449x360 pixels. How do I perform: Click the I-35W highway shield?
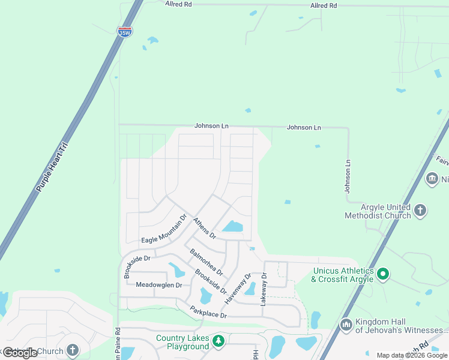tap(125, 32)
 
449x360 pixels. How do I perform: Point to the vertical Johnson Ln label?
tap(347, 176)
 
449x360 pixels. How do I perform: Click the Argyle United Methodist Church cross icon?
tap(420, 210)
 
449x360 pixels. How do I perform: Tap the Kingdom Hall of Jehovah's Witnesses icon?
tap(346, 325)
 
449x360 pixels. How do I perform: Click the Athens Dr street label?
tap(204, 228)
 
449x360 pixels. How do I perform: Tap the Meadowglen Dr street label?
tap(158, 285)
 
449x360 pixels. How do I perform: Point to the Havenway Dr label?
tap(238, 288)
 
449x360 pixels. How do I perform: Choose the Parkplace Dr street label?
tap(208, 313)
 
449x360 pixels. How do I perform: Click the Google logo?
tap(20, 353)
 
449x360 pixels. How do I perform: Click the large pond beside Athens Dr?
tap(232, 227)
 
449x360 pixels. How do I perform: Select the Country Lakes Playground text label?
tap(182, 342)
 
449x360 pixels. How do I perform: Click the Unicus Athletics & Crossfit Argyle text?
tap(342, 275)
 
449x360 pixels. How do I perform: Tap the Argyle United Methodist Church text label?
tap(378, 211)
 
